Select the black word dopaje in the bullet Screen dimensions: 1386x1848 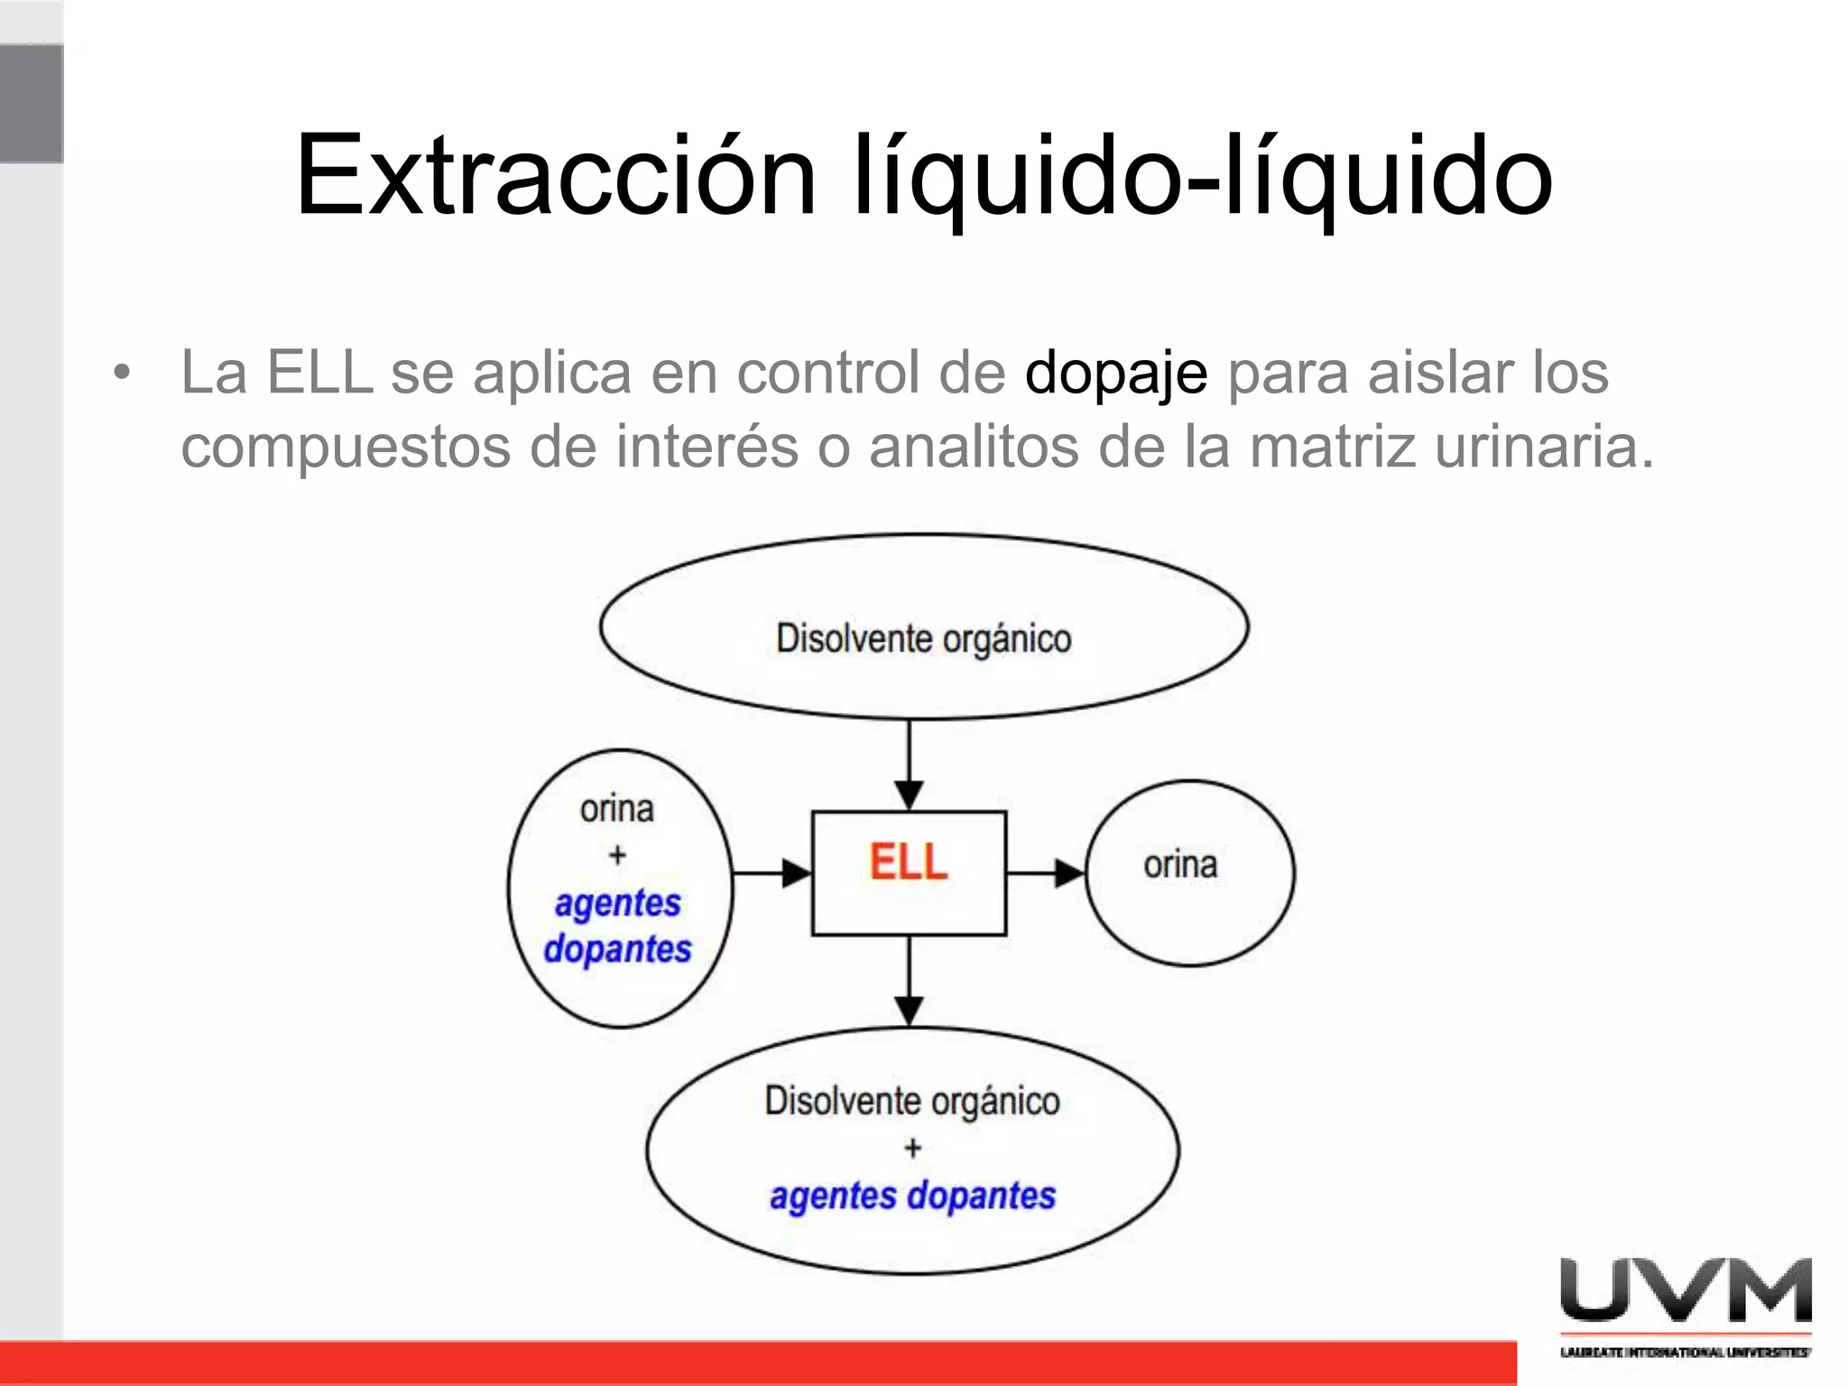[1116, 373]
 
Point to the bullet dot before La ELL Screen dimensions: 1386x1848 [122, 372]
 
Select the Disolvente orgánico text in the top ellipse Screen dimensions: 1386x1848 [924, 639]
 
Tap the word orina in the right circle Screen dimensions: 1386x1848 [1180, 864]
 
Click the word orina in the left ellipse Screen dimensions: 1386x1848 [617, 809]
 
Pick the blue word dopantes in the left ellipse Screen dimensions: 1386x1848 [618, 949]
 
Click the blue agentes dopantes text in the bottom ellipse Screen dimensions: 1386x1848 [912, 1196]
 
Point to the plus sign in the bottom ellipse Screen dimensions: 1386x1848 [912, 1148]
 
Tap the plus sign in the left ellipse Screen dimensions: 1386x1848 [617, 855]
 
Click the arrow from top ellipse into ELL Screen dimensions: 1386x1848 [909, 767]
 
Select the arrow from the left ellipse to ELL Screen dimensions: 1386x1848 [772, 873]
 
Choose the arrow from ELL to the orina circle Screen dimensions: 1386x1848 [1046, 873]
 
